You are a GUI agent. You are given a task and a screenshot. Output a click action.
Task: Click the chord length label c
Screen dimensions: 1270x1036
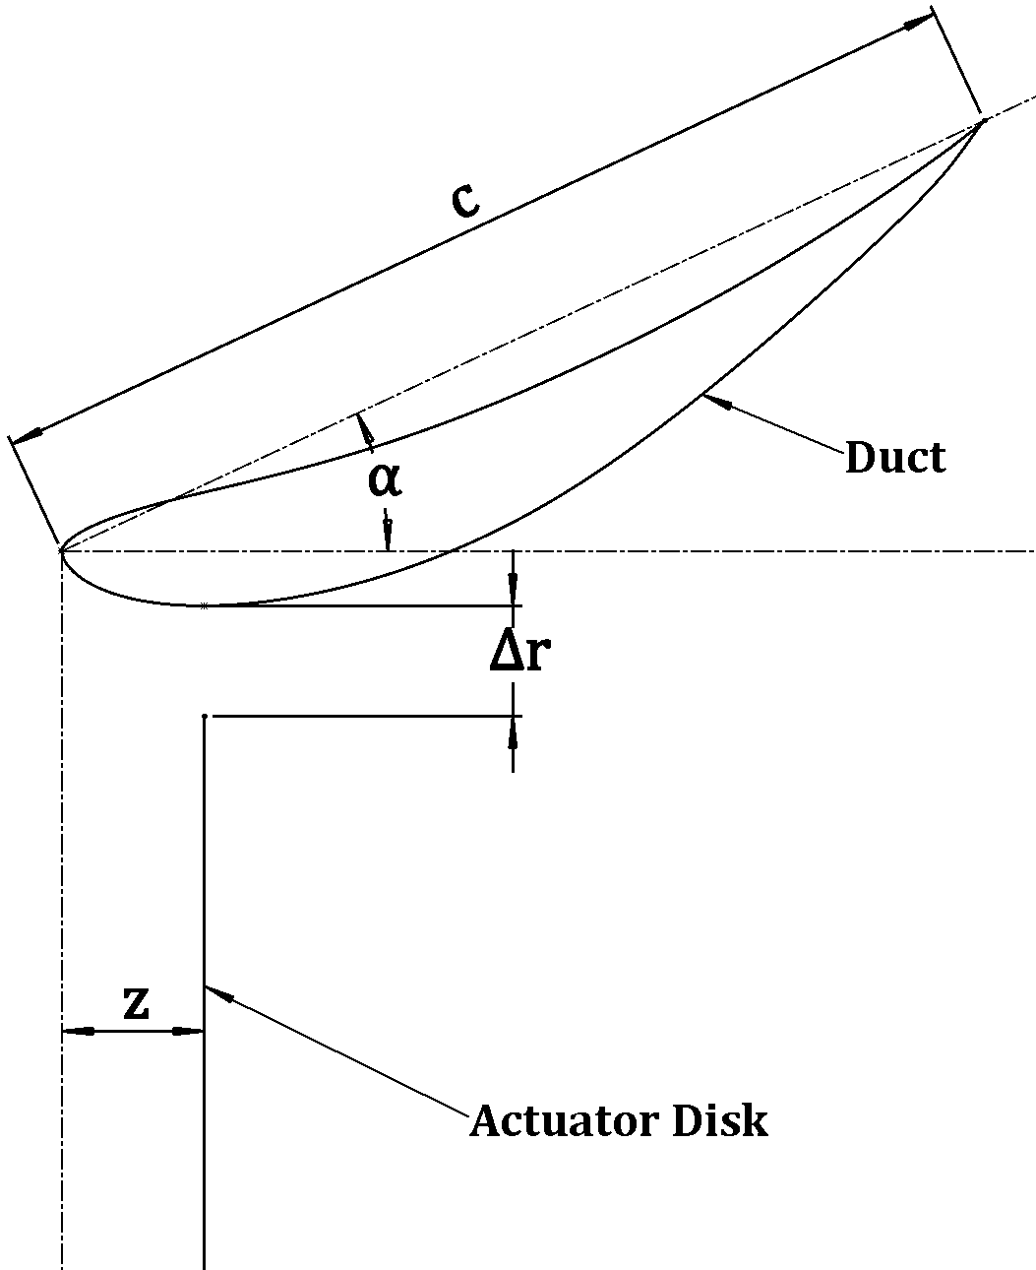[x=464, y=200]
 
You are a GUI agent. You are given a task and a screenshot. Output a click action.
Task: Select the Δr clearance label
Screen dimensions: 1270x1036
[x=518, y=652]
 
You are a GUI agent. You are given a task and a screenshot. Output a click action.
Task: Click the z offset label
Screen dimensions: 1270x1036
[x=137, y=1003]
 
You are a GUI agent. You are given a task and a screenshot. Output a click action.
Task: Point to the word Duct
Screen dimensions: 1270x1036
[x=894, y=458]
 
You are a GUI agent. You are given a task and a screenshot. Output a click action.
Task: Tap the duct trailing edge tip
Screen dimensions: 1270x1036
[x=983, y=120]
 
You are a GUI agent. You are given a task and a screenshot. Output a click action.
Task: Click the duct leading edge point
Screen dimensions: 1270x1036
[x=62, y=550]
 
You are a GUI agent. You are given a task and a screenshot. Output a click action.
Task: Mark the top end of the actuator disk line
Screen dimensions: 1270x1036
[x=204, y=717]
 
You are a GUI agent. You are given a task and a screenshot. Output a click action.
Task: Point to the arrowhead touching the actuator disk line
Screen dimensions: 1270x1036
[x=215, y=993]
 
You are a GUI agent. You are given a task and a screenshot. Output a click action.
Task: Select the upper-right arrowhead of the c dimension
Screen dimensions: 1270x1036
[x=919, y=24]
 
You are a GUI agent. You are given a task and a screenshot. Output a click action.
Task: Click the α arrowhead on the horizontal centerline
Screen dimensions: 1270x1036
[x=389, y=536]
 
